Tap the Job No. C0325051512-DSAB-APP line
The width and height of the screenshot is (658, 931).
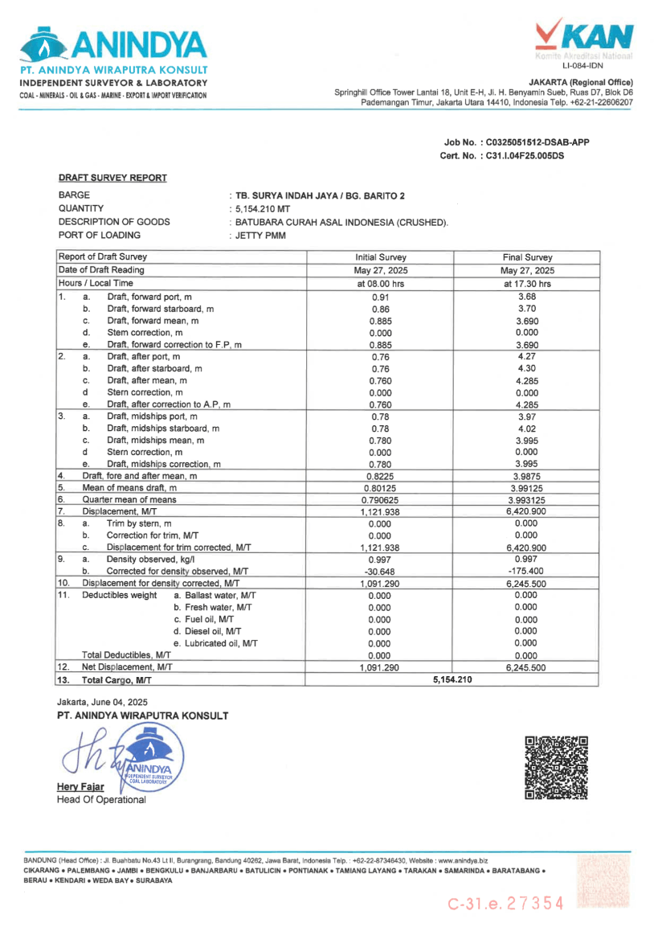[x=516, y=142]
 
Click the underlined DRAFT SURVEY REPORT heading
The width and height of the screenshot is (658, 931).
[x=112, y=178]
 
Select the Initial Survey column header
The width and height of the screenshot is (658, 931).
[x=380, y=257]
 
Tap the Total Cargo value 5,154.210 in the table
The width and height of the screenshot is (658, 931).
[x=452, y=680]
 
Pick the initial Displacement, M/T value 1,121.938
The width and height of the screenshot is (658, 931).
[x=380, y=511]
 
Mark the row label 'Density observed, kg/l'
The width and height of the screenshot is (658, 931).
[x=151, y=559]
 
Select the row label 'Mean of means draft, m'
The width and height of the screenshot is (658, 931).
[x=129, y=487]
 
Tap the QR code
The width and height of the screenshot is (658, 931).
[x=556, y=768]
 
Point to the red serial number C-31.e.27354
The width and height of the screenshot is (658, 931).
[x=506, y=903]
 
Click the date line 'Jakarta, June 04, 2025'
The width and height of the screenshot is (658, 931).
[x=101, y=702]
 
